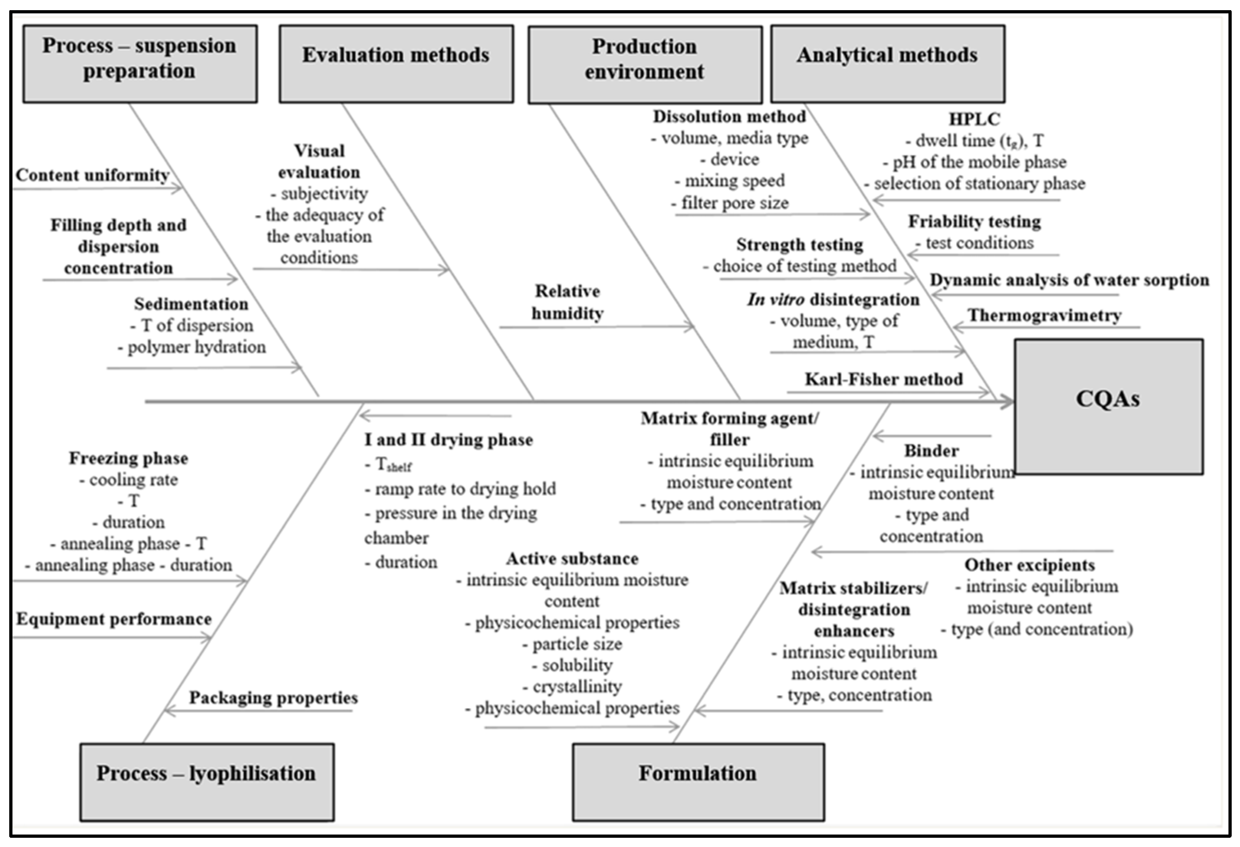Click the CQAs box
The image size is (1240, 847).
point(1108,407)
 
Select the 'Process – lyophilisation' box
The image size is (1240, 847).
point(207,782)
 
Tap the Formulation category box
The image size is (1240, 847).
point(698,782)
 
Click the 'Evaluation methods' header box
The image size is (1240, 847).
point(396,64)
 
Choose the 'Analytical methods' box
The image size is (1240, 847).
point(887,64)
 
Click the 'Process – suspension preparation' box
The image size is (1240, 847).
point(140,64)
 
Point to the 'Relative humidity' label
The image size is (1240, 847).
point(567,302)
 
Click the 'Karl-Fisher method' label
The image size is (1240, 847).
point(884,379)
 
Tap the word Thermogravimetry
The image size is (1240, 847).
point(1044,315)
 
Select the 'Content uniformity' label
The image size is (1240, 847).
point(92,175)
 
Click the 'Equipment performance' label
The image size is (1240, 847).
point(114,619)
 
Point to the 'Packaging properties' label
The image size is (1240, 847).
point(273,697)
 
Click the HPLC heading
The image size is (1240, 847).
point(974,119)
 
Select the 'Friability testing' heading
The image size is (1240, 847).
point(974,222)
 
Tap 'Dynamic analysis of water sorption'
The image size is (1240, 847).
point(1069,280)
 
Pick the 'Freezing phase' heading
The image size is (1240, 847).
point(129,458)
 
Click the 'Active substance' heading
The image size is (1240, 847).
point(572,559)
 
